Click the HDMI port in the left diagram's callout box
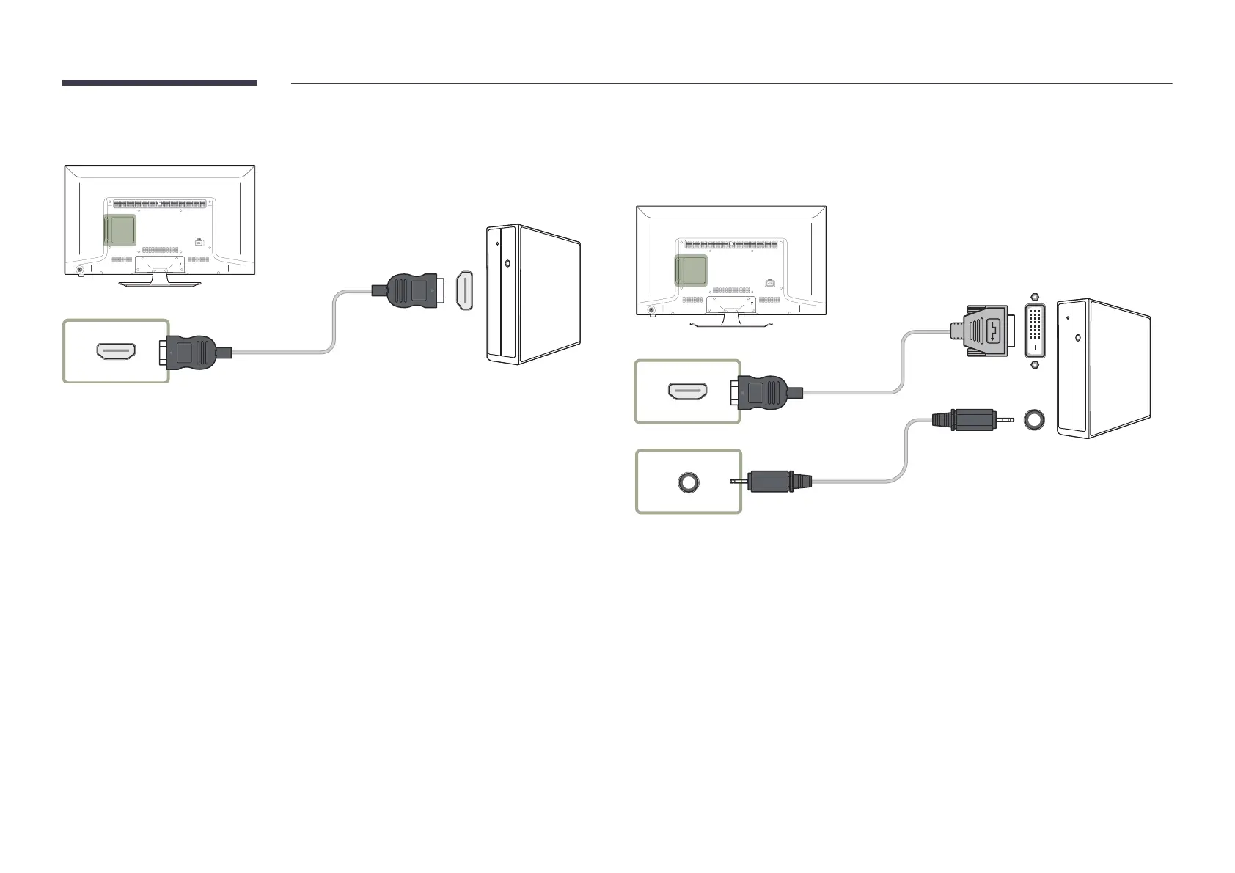pyautogui.click(x=116, y=352)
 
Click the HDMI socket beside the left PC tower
pyautogui.click(x=465, y=291)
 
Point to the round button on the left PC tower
pyautogui.click(x=508, y=262)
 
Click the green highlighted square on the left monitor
pyautogui.click(x=119, y=229)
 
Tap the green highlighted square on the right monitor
pyautogui.click(x=690, y=270)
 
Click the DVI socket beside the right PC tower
pyautogui.click(x=1035, y=332)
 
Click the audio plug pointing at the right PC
pyautogui.click(x=968, y=420)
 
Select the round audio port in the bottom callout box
pyautogui.click(x=688, y=482)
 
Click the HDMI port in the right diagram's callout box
pyautogui.click(x=687, y=392)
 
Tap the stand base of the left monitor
pyautogui.click(x=160, y=283)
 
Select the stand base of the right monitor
pyautogui.click(x=731, y=323)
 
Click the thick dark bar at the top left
pyautogui.click(x=160, y=83)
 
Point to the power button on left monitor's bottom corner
pyautogui.click(x=80, y=268)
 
